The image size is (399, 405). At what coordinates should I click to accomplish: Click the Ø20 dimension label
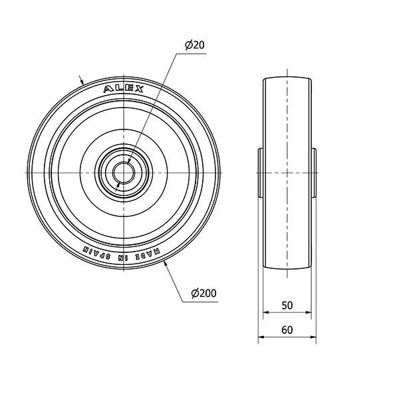click(x=195, y=45)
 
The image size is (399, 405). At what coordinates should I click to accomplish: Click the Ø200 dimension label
click(x=203, y=293)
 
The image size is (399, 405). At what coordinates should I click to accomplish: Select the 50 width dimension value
click(x=287, y=305)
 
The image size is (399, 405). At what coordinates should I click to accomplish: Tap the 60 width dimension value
click(x=287, y=330)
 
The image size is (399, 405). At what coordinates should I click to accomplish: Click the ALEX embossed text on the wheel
click(x=124, y=89)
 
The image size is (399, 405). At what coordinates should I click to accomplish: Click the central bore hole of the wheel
click(x=124, y=173)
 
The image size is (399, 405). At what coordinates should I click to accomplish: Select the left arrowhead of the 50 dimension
click(x=266, y=312)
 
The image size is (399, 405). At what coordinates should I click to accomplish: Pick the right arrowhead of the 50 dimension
click(x=308, y=312)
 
